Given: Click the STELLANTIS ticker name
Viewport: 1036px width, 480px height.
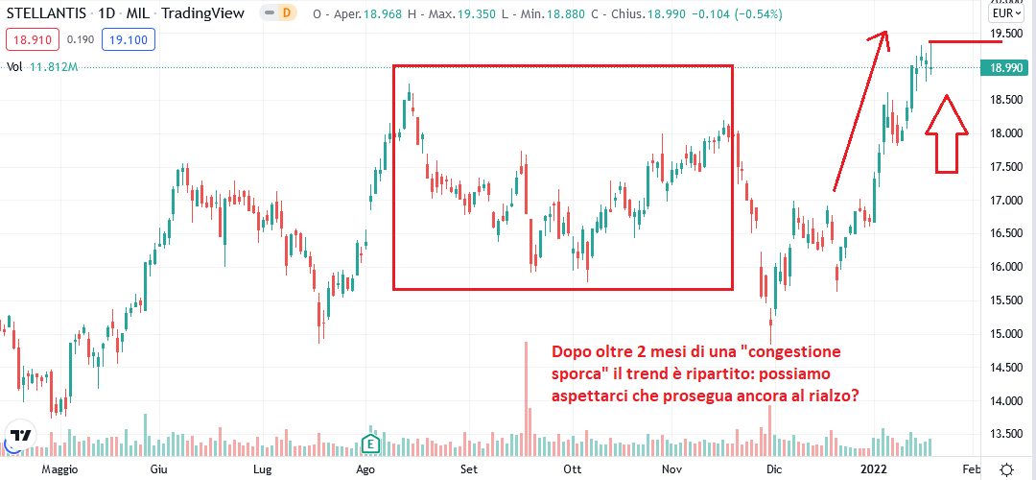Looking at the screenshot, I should [47, 14].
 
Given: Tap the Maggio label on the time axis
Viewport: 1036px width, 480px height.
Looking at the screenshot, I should [59, 469].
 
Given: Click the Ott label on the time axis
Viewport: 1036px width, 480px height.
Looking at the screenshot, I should [573, 469].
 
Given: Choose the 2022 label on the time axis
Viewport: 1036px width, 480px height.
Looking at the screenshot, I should [873, 469].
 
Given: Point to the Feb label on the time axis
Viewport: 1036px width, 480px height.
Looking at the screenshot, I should [971, 469].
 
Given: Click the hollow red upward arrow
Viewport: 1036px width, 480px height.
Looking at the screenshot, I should [947, 133].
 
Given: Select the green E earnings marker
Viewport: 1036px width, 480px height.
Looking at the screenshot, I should [370, 443].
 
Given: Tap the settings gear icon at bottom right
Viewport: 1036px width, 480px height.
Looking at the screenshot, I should [1006, 469].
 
